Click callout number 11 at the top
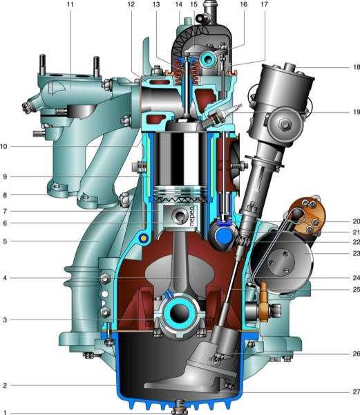pos(70,5)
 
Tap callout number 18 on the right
pos(357,67)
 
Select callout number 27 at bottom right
pos(357,392)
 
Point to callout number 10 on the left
pos(3,147)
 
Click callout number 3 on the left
pos(5,320)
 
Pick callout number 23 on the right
pos(357,254)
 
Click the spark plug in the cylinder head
pos(221,115)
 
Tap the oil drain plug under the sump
pos(180,407)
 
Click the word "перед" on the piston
pos(192,216)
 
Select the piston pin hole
pos(180,215)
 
